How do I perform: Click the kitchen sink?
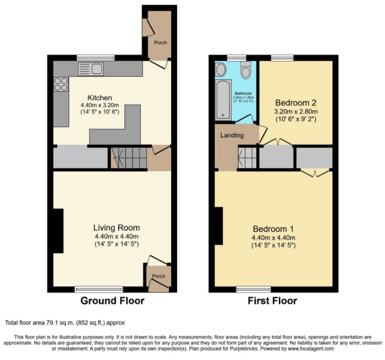click(x=91, y=69)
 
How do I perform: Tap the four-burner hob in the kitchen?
click(x=61, y=84)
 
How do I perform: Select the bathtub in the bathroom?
click(x=223, y=100)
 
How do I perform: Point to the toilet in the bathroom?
click(x=245, y=69)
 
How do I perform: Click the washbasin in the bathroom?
click(x=221, y=69)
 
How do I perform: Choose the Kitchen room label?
click(x=100, y=98)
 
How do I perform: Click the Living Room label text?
click(x=117, y=228)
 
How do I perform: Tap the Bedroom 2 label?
click(x=296, y=103)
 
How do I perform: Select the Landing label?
click(x=232, y=135)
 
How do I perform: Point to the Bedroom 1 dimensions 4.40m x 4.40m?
click(x=273, y=238)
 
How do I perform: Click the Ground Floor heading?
click(x=113, y=301)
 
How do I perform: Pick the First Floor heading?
click(x=272, y=301)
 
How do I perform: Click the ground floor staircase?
click(x=129, y=158)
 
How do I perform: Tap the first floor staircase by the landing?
click(x=247, y=158)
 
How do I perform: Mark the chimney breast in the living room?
click(x=59, y=231)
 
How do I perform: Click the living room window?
click(x=99, y=289)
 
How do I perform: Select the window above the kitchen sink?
click(x=96, y=58)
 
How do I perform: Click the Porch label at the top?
click(x=160, y=42)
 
